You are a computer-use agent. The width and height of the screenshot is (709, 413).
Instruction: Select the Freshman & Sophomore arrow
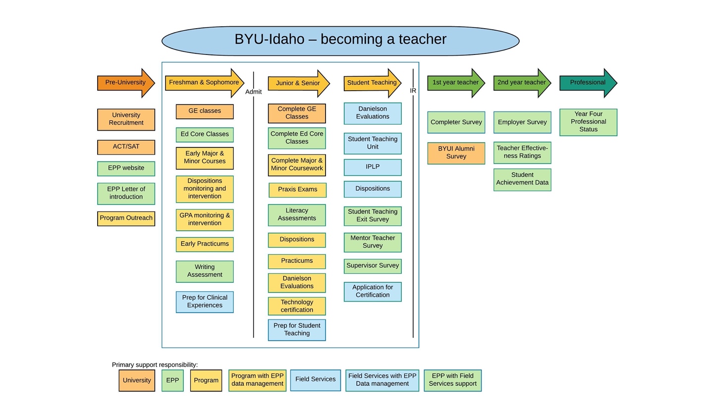[x=204, y=83]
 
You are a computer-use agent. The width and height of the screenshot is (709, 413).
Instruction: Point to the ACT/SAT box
[x=126, y=147]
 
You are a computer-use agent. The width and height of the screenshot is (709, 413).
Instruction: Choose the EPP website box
[x=126, y=168]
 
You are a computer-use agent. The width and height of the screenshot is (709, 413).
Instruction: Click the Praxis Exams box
[x=297, y=190]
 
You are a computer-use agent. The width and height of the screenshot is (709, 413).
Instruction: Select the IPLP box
[x=373, y=167]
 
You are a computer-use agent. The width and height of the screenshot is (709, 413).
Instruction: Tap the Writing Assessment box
[x=205, y=271]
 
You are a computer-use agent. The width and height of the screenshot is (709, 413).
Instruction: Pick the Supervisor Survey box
[x=373, y=266]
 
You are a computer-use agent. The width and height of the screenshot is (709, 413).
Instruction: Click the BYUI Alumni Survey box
[x=456, y=153]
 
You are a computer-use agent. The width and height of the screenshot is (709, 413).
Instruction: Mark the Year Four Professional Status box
[x=588, y=122]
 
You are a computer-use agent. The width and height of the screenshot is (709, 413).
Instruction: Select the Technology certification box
[x=297, y=306]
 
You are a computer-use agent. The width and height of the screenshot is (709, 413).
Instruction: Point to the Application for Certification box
[x=373, y=292]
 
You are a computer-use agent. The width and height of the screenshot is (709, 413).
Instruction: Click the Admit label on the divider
[x=253, y=92]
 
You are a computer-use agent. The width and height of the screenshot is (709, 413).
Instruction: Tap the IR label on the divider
[x=413, y=91]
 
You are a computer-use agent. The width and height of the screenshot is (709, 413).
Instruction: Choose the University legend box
[x=137, y=380]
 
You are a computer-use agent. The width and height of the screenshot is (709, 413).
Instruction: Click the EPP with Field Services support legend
[x=452, y=380]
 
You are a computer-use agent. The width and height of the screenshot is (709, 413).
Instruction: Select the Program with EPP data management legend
[x=257, y=380]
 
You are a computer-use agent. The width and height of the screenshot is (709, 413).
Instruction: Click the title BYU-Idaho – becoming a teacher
[x=340, y=40]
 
